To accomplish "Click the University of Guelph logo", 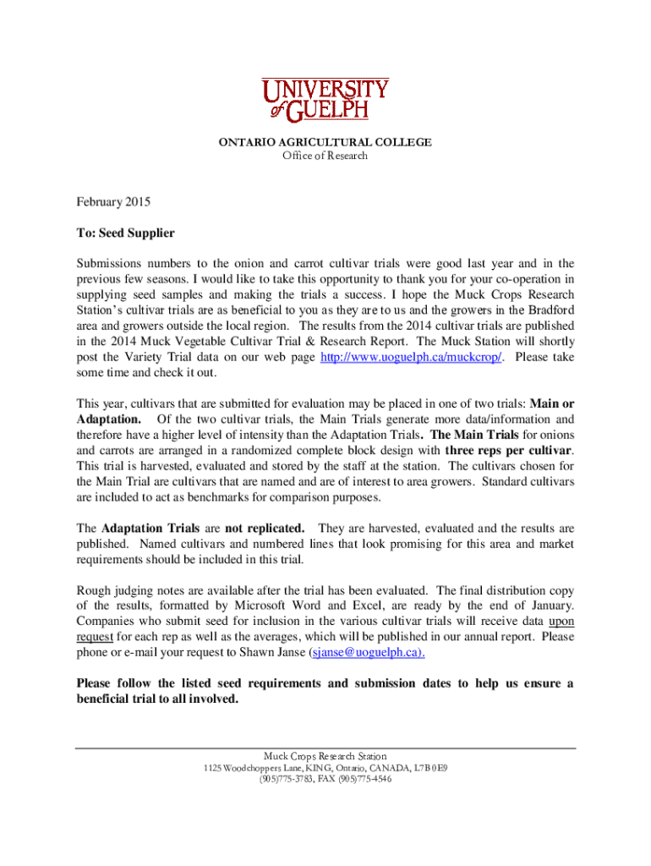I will coord(325,100).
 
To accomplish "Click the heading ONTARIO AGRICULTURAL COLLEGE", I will coord(325,142).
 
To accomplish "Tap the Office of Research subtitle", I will coord(325,156).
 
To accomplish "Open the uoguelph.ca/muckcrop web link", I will coord(413,357).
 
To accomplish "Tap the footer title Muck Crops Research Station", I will coord(325,755).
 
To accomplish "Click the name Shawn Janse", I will coord(277,653).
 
